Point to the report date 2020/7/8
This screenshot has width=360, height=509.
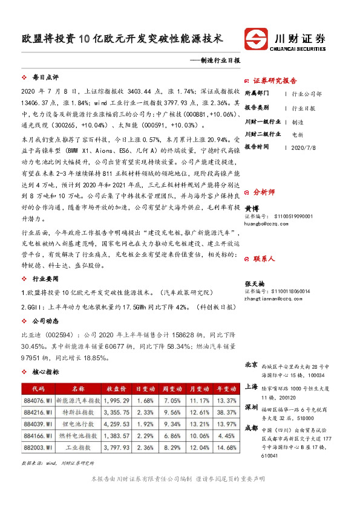304,146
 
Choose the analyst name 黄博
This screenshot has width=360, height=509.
251,206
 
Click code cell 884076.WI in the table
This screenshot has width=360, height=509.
38,400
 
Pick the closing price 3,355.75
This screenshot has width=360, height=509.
117,412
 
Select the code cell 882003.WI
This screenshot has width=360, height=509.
38,447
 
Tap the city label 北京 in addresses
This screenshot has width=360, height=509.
251,365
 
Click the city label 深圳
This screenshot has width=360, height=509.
251,407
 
